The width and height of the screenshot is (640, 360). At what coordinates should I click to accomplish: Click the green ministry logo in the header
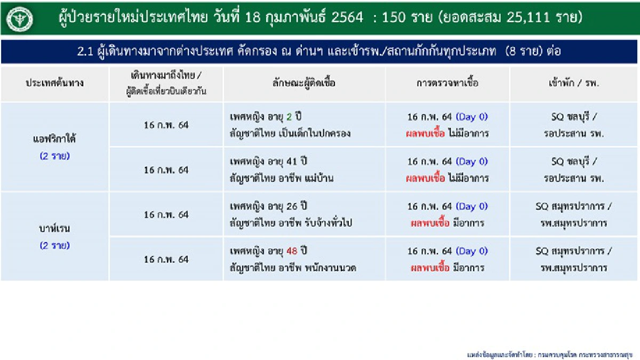[20, 20]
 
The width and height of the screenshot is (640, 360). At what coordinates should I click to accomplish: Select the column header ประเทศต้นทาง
[54, 83]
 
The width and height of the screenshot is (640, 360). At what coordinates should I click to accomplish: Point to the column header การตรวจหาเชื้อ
[447, 83]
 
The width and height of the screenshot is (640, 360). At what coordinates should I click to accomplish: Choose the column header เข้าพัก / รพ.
[573, 83]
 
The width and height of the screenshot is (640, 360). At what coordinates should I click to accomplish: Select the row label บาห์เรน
[54, 229]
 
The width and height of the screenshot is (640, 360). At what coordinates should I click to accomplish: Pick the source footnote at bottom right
[549, 354]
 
